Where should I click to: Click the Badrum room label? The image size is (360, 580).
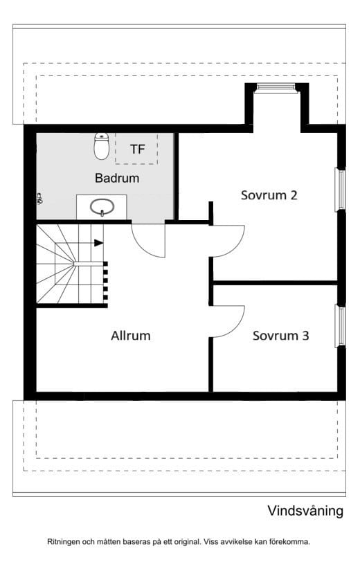[117, 178]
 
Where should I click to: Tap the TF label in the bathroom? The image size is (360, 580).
[137, 149]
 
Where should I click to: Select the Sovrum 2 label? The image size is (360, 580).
[269, 195]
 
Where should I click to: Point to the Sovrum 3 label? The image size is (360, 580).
[280, 336]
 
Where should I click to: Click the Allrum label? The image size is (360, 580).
[131, 336]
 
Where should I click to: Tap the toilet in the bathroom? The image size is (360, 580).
[101, 146]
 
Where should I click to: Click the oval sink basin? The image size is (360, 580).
[102, 207]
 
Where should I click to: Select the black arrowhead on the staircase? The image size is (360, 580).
[98, 243]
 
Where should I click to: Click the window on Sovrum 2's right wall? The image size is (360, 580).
[340, 190]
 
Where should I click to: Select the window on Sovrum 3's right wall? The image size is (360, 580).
[340, 326]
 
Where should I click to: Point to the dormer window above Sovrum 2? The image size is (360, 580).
[277, 87]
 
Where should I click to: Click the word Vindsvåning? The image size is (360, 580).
[305, 511]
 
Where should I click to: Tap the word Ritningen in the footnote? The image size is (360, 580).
[63, 542]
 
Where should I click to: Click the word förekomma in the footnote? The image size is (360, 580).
[291, 542]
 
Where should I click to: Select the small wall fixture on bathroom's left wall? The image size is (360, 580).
[39, 199]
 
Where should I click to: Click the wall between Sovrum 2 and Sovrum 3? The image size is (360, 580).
[276, 283]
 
